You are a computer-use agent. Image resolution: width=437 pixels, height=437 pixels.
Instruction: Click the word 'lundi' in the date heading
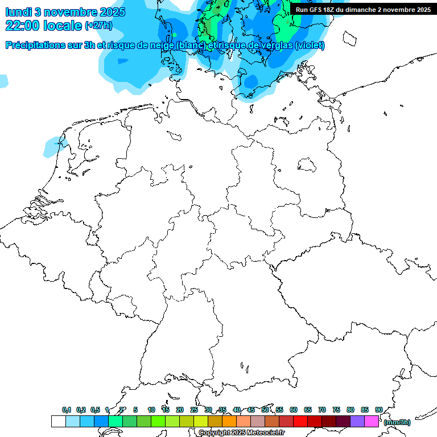18,11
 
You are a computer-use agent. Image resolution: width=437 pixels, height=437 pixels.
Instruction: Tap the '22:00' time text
23,26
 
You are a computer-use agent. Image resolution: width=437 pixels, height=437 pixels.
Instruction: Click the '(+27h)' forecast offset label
98,26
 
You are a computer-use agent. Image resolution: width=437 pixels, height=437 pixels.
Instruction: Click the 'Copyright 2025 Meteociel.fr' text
241,432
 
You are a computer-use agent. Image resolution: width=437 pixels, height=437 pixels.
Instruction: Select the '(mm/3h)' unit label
397,422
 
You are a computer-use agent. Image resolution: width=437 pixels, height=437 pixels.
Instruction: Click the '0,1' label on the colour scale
67,410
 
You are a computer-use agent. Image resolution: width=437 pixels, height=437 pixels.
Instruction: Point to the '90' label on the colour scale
378,410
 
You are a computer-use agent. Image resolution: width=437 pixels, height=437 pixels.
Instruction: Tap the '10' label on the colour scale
151,410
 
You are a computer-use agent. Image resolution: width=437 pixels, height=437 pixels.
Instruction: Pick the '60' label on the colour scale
294,410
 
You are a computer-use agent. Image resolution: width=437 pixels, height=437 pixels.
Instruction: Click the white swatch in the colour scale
58,421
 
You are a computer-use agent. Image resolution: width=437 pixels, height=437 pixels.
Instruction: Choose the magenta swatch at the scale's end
371,421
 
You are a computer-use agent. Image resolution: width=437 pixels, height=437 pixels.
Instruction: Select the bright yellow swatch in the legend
200,421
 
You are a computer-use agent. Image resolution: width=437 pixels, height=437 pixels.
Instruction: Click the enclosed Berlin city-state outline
307,164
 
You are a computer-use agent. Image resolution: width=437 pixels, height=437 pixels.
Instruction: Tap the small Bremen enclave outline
175,135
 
